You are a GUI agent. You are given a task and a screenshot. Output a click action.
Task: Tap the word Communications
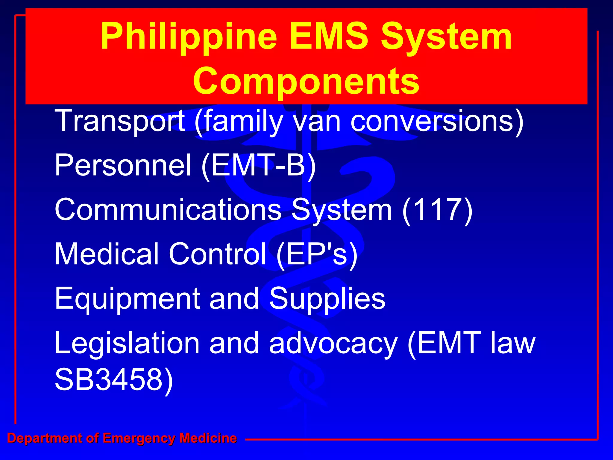pyautogui.click(x=168, y=210)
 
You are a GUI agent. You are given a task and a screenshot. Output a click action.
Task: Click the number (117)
pyautogui.click(x=437, y=210)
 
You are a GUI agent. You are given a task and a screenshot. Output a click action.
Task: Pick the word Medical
pyautogui.click(x=107, y=254)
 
